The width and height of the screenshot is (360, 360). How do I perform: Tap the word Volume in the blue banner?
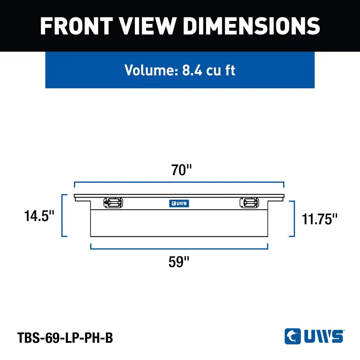click(151, 70)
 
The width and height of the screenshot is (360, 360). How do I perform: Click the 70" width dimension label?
click(181, 170)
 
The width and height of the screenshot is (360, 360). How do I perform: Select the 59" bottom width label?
click(179, 262)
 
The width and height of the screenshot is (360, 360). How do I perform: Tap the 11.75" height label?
click(320, 219)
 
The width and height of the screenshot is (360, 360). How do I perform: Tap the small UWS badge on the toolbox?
click(179, 203)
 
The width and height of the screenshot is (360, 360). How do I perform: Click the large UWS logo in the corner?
click(314, 336)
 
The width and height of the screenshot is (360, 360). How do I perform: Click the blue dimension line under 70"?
click(179, 182)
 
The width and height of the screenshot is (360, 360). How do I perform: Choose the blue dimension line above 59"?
click(179, 249)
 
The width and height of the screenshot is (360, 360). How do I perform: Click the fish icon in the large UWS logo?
click(292, 336)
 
